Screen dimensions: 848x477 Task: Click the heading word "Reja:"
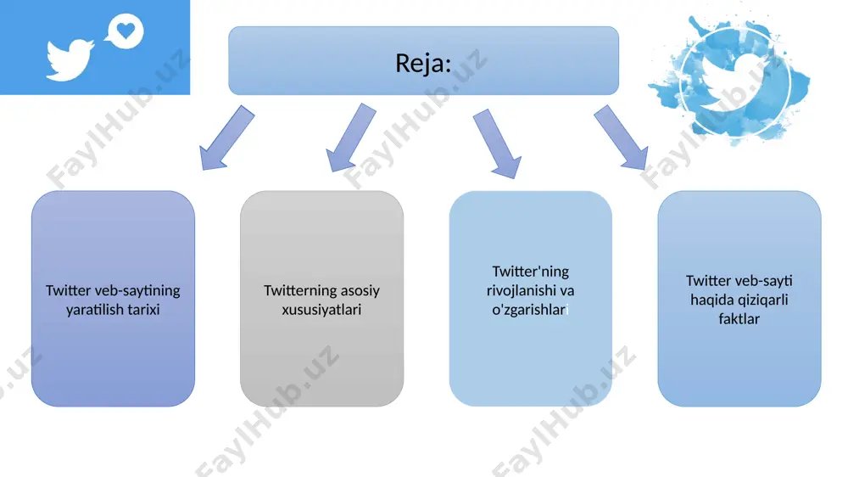pyautogui.click(x=423, y=63)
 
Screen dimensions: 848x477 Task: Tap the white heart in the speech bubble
pyautogui.click(x=126, y=31)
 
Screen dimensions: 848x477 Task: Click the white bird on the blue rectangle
pyautogui.click(x=70, y=59)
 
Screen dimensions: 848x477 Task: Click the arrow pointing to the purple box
pyautogui.click(x=226, y=137)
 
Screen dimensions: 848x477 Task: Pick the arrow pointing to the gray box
pyautogui.click(x=351, y=137)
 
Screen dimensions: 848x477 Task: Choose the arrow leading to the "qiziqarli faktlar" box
pyautogui.click(x=621, y=137)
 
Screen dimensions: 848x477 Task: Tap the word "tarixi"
pyautogui.click(x=144, y=310)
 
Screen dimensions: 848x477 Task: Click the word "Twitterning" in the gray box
pyautogui.click(x=295, y=291)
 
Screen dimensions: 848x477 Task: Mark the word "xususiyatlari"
pyautogui.click(x=321, y=310)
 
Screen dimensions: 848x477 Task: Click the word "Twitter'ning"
pyautogui.click(x=531, y=272)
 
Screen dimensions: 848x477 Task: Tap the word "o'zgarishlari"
pyautogui.click(x=530, y=310)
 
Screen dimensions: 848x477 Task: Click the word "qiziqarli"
pyautogui.click(x=761, y=300)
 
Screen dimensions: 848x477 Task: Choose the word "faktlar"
pyautogui.click(x=739, y=319)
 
